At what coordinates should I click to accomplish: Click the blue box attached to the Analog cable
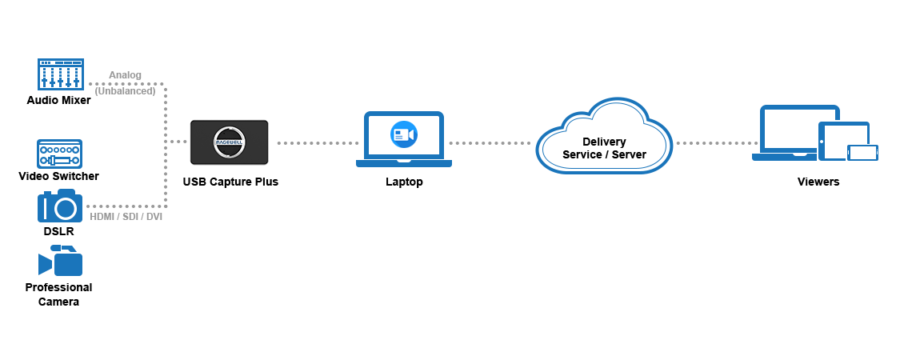(x=60, y=74)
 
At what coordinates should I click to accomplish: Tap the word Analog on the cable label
(x=125, y=75)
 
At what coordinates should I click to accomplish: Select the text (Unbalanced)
(x=125, y=91)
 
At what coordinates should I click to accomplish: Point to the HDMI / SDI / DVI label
(x=126, y=217)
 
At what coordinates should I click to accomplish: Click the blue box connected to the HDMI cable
(x=59, y=205)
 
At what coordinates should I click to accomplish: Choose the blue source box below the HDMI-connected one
(x=60, y=260)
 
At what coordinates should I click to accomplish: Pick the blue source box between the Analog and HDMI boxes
(x=59, y=154)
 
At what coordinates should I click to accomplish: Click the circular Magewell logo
(x=230, y=142)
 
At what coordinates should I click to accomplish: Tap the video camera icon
(x=404, y=134)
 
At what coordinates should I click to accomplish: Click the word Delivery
(x=604, y=142)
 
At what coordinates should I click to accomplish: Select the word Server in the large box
(x=628, y=154)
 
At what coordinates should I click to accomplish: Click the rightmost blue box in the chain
(x=815, y=132)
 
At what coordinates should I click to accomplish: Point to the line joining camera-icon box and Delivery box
(x=493, y=142)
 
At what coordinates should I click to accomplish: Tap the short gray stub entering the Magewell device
(x=178, y=142)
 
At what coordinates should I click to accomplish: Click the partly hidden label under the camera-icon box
(x=404, y=182)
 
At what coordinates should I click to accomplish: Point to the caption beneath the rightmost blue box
(x=818, y=182)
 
